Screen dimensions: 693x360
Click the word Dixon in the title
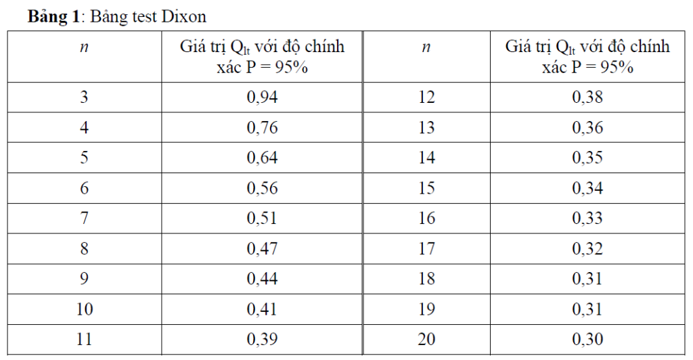[x=184, y=17]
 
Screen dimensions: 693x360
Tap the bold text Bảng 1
[x=53, y=17]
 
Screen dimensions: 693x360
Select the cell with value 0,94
[x=262, y=97]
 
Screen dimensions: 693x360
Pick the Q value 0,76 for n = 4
[x=262, y=128]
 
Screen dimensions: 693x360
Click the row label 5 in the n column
[x=84, y=158]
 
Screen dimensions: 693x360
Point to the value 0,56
[x=262, y=188]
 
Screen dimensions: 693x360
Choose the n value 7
[x=84, y=218]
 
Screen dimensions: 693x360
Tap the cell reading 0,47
[x=262, y=249]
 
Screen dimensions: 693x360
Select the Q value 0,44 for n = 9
[x=262, y=279]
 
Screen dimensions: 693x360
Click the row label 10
[x=85, y=309]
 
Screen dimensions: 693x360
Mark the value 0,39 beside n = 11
[x=262, y=339]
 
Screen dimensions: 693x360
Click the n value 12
[x=426, y=97]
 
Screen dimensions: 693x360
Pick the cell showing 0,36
[x=587, y=128]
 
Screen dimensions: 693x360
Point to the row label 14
[x=426, y=158]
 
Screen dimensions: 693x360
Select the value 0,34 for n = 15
[x=587, y=188]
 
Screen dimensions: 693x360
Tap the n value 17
[x=426, y=249]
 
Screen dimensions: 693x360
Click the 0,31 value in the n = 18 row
[x=587, y=279]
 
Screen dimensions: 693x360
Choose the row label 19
[x=426, y=309]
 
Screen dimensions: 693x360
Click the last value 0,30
[x=587, y=339]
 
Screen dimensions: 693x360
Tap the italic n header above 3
[x=84, y=47]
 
